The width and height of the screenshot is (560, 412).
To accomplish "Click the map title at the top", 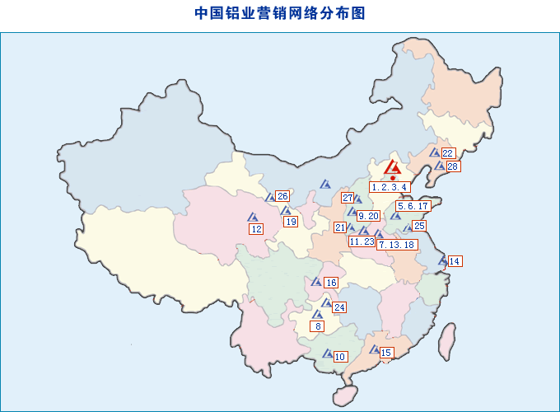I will point(280,13).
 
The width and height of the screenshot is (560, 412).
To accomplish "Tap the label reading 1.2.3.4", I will point(390,187).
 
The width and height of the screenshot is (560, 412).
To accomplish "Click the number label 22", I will point(448,153).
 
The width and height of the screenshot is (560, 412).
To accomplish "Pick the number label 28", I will point(453,166).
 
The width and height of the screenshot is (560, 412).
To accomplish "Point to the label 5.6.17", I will point(413,206).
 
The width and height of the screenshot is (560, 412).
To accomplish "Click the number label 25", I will point(419,226).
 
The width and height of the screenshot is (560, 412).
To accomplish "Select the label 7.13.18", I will point(397,245).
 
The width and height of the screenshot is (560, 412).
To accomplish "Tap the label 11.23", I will point(362,241).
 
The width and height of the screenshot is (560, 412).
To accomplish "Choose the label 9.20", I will point(369,216).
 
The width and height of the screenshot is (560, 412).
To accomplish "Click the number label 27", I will point(348,198).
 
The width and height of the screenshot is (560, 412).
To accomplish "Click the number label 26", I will point(282,196).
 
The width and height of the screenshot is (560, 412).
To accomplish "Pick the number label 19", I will point(291,222).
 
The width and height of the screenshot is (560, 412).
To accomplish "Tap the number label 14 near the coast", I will point(455,261).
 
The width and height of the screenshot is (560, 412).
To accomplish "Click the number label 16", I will point(331,283).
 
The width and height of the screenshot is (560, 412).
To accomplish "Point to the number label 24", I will point(339,307).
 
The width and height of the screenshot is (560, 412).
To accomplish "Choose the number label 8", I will point(318,326).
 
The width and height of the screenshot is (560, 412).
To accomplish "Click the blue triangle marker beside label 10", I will point(327,355).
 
